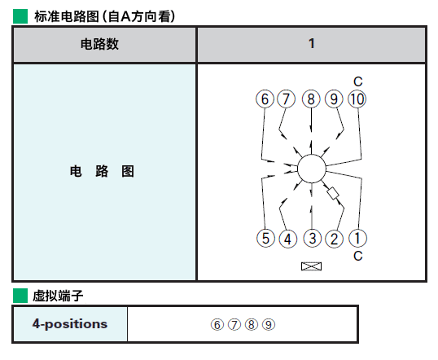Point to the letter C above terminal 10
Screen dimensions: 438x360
coord(358,81)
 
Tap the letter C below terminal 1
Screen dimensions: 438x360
coord(358,256)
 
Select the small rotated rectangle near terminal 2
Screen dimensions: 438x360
coord(333,193)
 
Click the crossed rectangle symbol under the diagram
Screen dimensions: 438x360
coord(312,266)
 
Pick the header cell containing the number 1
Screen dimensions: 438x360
coord(311,44)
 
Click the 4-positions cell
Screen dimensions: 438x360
coord(70,324)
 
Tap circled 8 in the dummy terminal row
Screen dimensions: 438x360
coord(252,324)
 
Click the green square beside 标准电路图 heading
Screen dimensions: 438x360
coord(20,16)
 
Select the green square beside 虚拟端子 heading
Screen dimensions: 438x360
coord(20,296)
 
